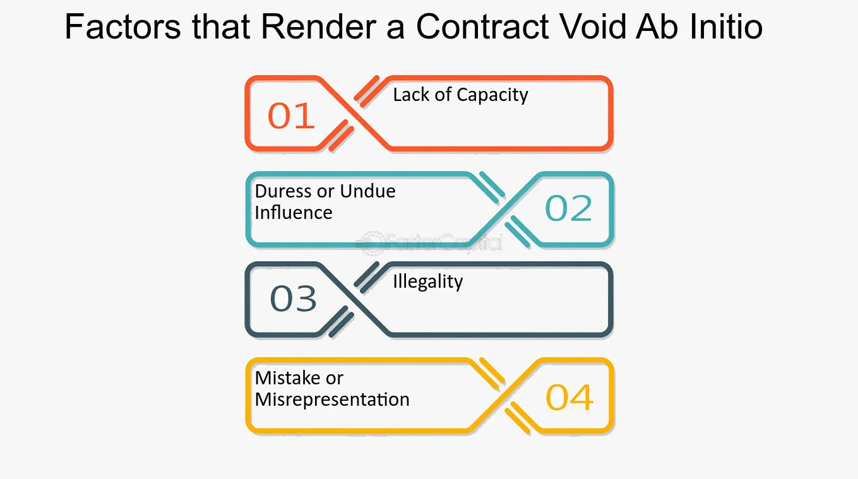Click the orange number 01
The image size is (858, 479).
pyautogui.click(x=291, y=115)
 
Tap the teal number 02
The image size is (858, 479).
pyautogui.click(x=568, y=208)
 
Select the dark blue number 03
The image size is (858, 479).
pyautogui.click(x=294, y=298)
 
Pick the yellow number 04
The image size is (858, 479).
pyautogui.click(x=569, y=398)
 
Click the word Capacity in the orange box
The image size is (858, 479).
pyautogui.click(x=492, y=95)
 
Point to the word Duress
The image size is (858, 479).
pyautogui.click(x=283, y=191)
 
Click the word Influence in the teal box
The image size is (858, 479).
pyautogui.click(x=294, y=213)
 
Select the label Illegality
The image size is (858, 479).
pyautogui.click(x=428, y=282)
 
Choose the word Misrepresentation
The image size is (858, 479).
pyautogui.click(x=332, y=399)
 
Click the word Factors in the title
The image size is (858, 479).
pyautogui.click(x=122, y=27)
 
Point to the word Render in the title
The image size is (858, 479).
pyautogui.click(x=319, y=27)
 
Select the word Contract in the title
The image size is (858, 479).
pyautogui.click(x=483, y=27)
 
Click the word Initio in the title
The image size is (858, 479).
pyautogui.click(x=726, y=27)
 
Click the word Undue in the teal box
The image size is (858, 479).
pyautogui.click(x=367, y=191)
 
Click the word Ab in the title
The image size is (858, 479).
pyautogui.click(x=657, y=27)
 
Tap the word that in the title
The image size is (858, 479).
pyautogui.click(x=221, y=27)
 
